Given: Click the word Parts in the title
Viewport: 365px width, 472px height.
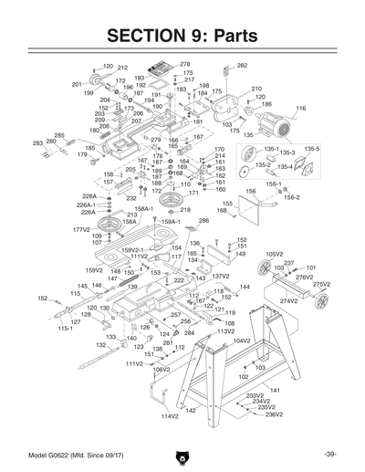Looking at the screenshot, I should [x=232, y=36].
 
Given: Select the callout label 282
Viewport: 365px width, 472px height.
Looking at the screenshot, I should [x=242, y=66].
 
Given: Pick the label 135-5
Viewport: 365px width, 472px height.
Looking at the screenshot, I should [x=312, y=148].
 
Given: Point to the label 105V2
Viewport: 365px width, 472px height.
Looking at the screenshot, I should [x=275, y=255].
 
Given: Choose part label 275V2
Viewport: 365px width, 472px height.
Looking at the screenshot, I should [x=320, y=285].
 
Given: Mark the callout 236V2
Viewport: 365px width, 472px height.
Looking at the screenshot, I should [x=275, y=414].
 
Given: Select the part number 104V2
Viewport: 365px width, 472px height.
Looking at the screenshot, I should [x=241, y=341].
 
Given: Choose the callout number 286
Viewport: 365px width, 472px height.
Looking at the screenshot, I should [x=203, y=221].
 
